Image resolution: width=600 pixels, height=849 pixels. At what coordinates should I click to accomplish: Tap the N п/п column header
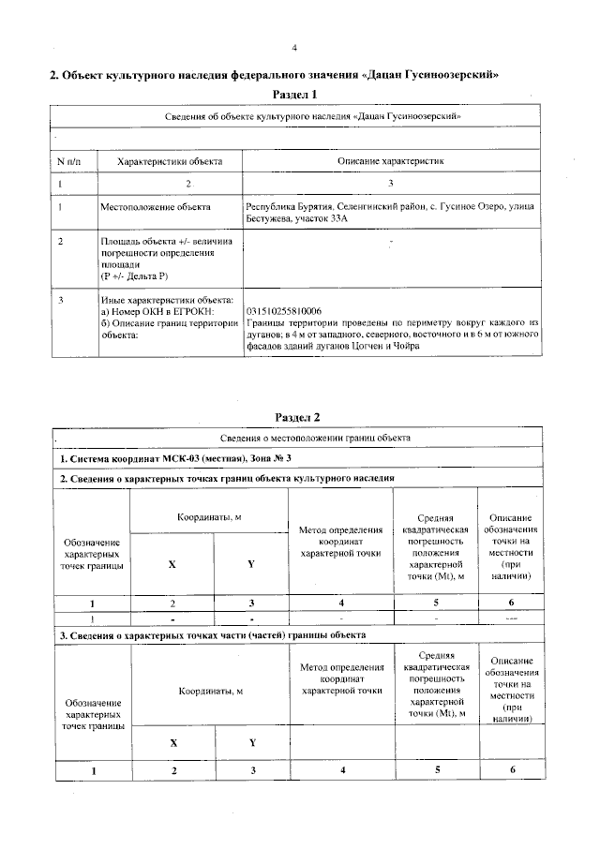pos(70,162)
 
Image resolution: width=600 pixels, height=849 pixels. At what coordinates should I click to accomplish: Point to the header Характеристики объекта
pos(169,162)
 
